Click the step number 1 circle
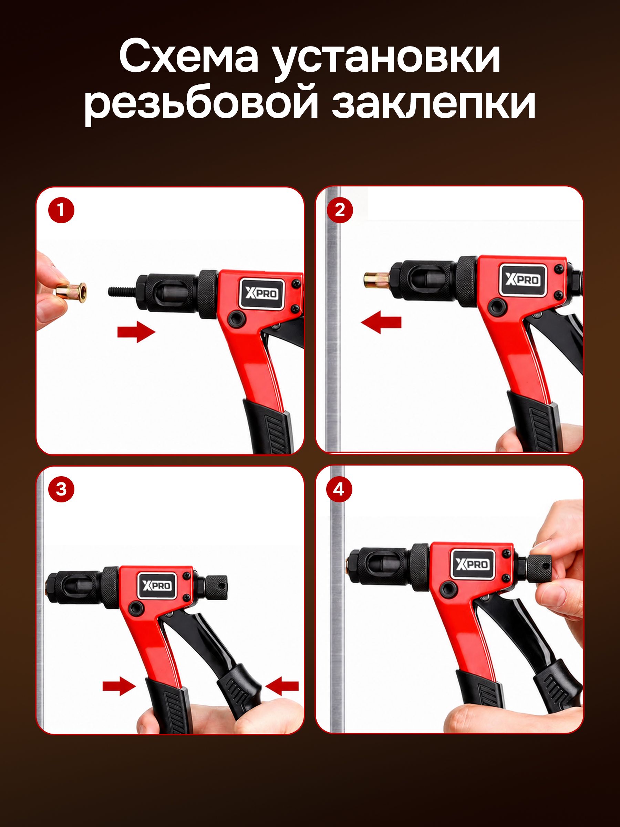61,211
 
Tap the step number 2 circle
340,211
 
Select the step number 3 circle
61,489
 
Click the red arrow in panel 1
136,331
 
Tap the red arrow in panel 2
381,322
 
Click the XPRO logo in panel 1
261,293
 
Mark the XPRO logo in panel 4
472,564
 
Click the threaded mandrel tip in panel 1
122,290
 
